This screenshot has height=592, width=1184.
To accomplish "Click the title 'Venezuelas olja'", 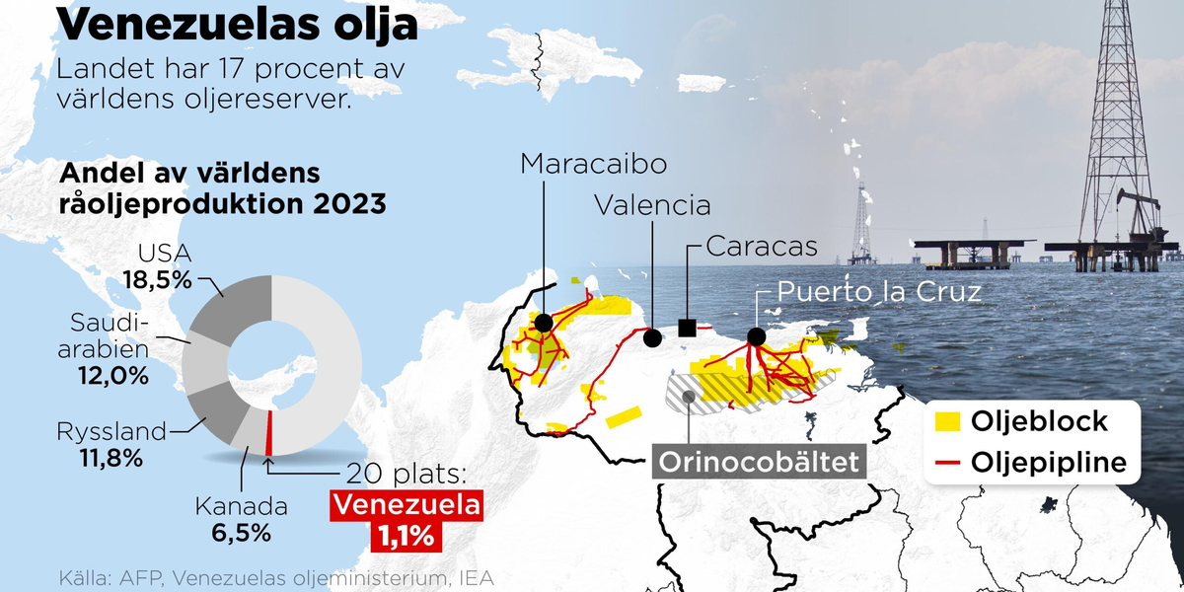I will [x=238, y=24].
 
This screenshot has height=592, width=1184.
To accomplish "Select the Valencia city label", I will [x=652, y=205].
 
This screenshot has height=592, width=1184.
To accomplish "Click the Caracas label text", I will [x=762, y=246].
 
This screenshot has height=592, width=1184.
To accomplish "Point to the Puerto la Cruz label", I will [x=879, y=292].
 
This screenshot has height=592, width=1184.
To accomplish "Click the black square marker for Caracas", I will [x=688, y=327].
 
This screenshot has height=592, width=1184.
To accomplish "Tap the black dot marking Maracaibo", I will [x=543, y=322].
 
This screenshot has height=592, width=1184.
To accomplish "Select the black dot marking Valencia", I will [x=652, y=337].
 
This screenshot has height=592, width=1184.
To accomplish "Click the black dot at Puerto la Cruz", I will [x=757, y=336].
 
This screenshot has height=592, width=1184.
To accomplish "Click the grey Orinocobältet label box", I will [x=759, y=462].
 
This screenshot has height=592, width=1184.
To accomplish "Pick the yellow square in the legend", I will [x=947, y=422].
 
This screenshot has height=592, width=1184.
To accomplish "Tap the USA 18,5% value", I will [x=157, y=279].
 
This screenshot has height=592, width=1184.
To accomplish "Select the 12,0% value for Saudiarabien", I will [x=114, y=375].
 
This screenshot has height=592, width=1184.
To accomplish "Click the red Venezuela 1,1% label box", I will [x=407, y=520].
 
